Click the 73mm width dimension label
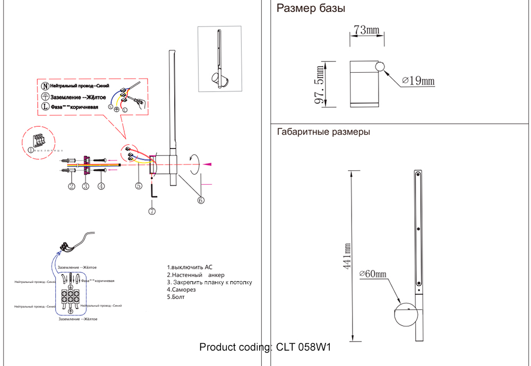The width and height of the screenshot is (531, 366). coord(366,30)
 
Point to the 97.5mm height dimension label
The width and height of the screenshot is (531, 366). coord(320,85)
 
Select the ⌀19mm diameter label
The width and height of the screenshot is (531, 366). coord(418,81)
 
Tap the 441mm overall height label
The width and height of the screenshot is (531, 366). coord(347,256)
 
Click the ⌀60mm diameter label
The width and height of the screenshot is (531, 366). coord(373,274)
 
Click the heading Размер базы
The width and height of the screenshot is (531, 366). coord(311,8)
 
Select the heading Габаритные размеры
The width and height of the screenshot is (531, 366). coord(323,132)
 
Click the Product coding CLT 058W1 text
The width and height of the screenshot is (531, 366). coord(265,347)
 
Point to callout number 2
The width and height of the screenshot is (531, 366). coord(71,186)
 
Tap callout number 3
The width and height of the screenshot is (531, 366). coord(85,186)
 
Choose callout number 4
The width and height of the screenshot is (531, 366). coord(101,186)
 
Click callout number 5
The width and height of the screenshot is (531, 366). coord(138,186)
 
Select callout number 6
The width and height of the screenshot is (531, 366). coord(201,200)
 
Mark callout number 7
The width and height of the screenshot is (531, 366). coord(152,211)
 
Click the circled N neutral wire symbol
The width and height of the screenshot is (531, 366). coord(45,86)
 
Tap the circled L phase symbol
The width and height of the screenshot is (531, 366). coord(45,106)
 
